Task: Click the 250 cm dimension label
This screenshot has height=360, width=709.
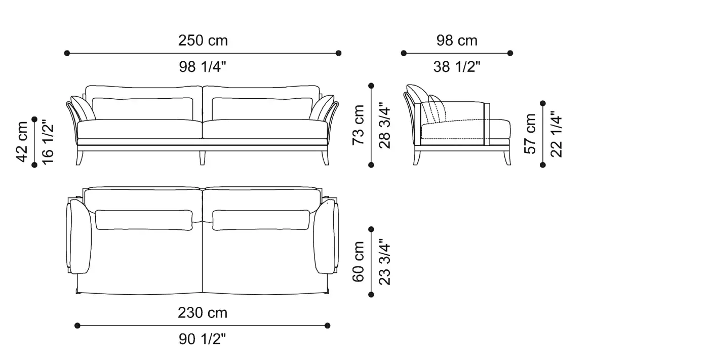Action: click(203, 41)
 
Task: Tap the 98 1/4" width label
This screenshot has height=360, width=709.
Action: click(203, 67)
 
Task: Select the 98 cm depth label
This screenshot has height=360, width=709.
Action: click(457, 41)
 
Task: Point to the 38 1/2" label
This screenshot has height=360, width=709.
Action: click(457, 67)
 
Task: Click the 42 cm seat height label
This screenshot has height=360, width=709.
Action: click(22, 142)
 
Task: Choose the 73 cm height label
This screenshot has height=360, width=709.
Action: click(358, 125)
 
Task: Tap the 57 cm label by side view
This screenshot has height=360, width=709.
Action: click(530, 134)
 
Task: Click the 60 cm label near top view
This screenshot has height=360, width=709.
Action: click(358, 262)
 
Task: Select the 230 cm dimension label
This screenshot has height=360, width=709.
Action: click(203, 313)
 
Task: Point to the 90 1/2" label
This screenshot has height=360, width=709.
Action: click(203, 339)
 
